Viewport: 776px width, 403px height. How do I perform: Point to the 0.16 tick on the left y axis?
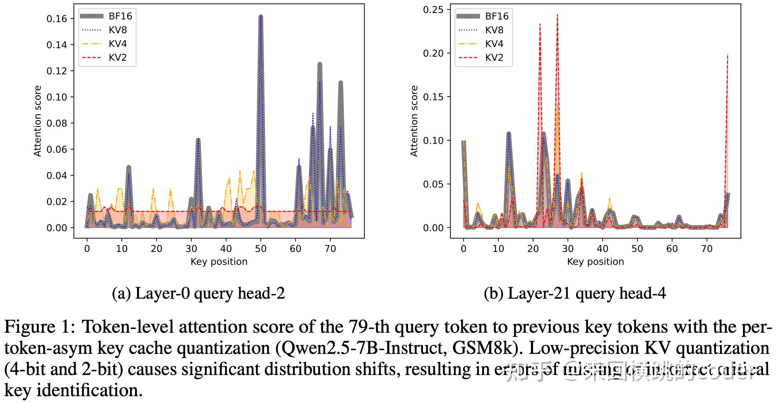tap(57, 19)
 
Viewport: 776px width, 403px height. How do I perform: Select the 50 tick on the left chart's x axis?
tap(260, 249)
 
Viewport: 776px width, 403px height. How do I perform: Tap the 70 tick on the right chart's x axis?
tap(706, 249)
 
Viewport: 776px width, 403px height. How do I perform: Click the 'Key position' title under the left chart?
tap(219, 262)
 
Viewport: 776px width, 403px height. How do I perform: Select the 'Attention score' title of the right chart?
tap(414, 121)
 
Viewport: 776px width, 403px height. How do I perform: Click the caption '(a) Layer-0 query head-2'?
tap(198, 293)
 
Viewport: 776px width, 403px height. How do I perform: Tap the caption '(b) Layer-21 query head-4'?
tap(575, 293)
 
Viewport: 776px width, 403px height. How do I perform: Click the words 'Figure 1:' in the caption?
tap(40, 327)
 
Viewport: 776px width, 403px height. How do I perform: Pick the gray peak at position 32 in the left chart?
tap(198, 140)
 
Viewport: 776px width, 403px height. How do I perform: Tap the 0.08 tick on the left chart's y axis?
tap(57, 123)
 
